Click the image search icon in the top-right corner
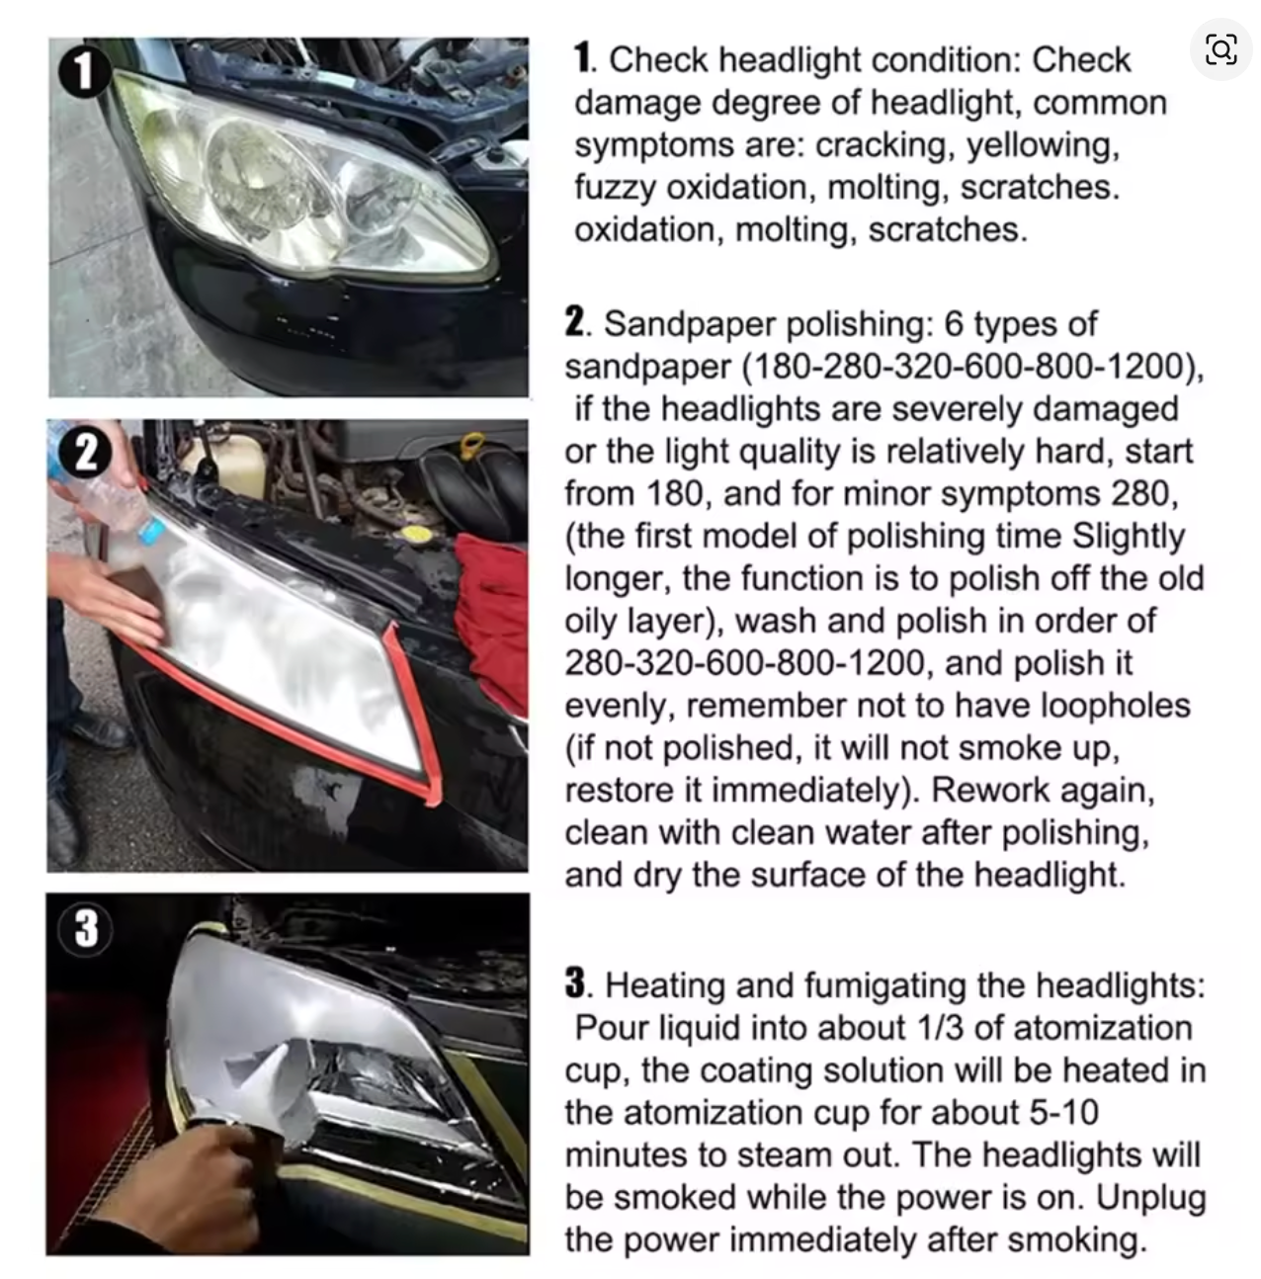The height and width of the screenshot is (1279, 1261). click(1220, 49)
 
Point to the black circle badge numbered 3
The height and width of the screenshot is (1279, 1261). click(86, 927)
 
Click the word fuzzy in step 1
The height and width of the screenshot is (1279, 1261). click(615, 188)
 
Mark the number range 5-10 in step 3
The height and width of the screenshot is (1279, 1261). click(1063, 1113)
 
